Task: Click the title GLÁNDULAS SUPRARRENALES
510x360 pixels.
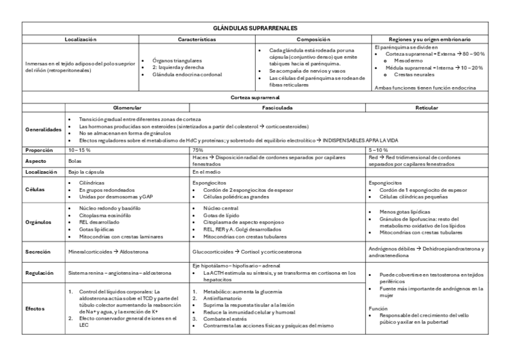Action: (x=255, y=28)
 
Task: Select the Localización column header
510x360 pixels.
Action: (x=81, y=38)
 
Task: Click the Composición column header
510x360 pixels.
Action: (x=313, y=38)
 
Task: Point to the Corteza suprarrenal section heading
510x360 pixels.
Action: (x=255, y=97)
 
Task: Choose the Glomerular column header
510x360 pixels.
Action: (x=127, y=108)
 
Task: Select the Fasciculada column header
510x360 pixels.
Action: (x=277, y=108)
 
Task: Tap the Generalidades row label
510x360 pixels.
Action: (x=44, y=129)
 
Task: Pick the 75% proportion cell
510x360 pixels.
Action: (x=197, y=150)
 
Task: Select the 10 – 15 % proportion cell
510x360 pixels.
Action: (x=80, y=150)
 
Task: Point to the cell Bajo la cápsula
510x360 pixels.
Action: (x=87, y=171)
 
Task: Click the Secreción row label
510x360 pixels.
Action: (x=38, y=251)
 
